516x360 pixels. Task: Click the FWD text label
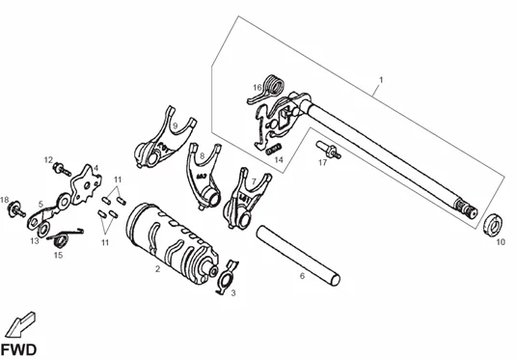pyautogui.click(x=18, y=349)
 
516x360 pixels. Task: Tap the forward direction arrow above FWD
pyautogui.click(x=19, y=324)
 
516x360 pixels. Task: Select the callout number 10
pyautogui.click(x=501, y=242)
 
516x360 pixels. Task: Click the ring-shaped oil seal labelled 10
pyautogui.click(x=493, y=225)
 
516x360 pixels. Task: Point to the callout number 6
pyautogui.click(x=303, y=276)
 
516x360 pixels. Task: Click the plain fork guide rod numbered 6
pyautogui.click(x=298, y=255)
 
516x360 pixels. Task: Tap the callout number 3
pyautogui.click(x=233, y=292)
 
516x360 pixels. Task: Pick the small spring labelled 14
pyautogui.click(x=273, y=149)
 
